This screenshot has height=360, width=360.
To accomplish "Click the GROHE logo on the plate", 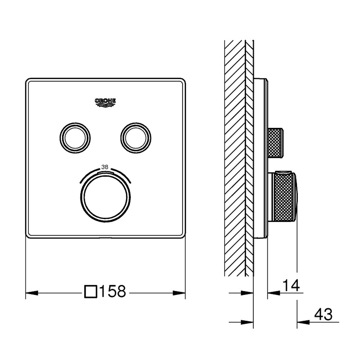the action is [105, 103].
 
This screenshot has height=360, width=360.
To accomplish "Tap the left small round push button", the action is [75, 138].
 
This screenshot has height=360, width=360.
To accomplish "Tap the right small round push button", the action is [136, 138].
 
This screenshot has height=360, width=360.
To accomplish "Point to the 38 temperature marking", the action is [105, 167].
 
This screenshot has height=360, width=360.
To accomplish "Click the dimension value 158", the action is [113, 291].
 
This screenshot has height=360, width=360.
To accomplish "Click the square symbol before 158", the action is [91, 292].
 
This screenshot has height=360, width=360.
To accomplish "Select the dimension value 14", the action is [291, 285].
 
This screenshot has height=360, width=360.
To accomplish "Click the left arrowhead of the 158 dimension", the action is [32, 293].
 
